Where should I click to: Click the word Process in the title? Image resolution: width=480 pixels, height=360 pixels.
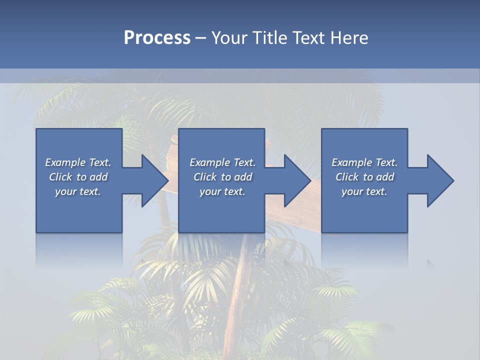click(x=157, y=38)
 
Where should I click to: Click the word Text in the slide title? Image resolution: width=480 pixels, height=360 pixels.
click(x=308, y=38)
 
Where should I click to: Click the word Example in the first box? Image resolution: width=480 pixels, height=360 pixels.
click(x=65, y=162)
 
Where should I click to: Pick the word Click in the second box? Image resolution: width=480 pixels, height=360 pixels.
click(x=205, y=177)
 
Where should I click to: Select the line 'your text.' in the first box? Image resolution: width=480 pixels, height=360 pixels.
click(x=78, y=191)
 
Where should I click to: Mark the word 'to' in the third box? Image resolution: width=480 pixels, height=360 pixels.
click(x=368, y=177)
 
